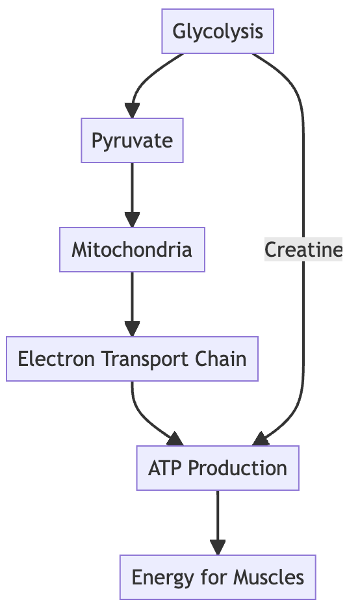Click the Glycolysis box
[218, 31]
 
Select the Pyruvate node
[132, 140]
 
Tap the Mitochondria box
[132, 250]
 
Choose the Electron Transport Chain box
[132, 359]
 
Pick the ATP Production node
[218, 468]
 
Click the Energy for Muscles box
[218, 577]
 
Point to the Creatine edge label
[303, 250]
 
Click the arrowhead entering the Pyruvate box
[132, 111]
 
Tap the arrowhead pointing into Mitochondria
[132, 220]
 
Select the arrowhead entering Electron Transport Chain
[132, 329]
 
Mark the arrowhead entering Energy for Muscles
[218, 547]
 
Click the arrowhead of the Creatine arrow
[260, 439]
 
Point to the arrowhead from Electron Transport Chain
[175, 439]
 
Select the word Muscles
[268, 577]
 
